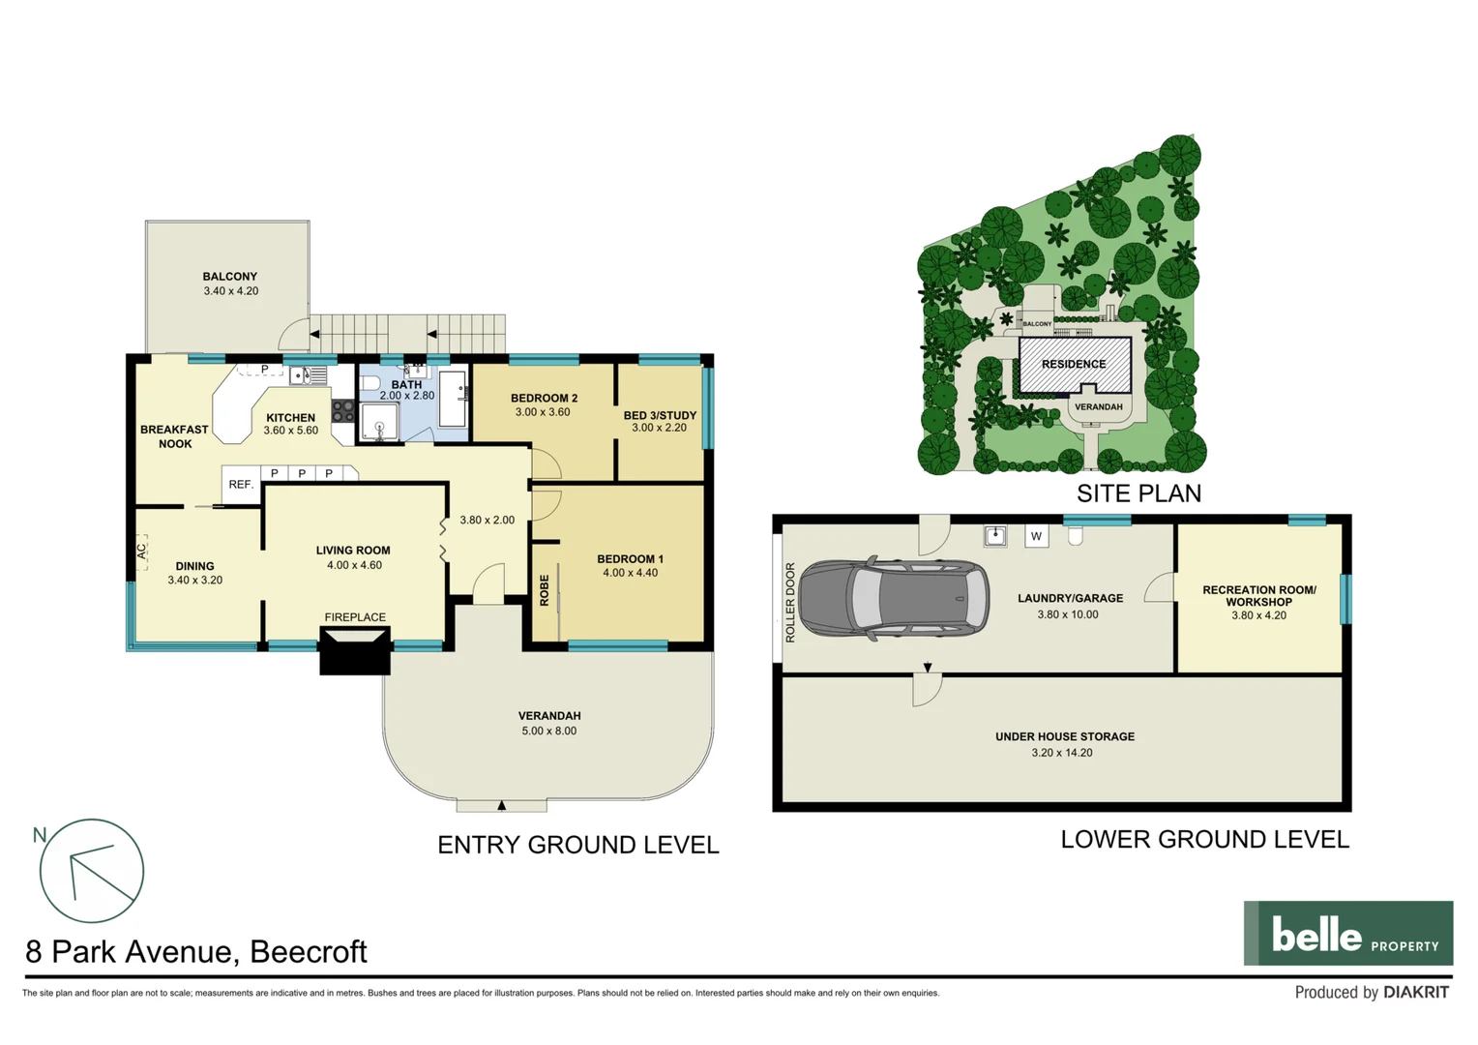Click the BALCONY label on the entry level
point(229,277)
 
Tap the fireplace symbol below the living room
point(355,649)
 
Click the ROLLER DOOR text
point(790,603)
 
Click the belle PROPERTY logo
point(1347,934)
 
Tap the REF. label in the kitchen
point(241,485)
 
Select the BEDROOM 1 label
point(630,559)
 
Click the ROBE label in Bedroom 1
point(545,590)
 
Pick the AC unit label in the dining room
point(141,552)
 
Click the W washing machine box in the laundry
point(1036,536)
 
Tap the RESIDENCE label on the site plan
point(1074,365)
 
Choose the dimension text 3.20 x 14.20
point(1061,753)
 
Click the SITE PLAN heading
point(1138,493)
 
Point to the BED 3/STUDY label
point(660,415)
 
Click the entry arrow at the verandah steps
point(501,805)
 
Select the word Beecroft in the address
point(309,952)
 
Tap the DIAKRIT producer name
point(1415,993)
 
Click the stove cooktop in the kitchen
point(342,411)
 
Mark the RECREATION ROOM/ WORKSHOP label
point(1258,595)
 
